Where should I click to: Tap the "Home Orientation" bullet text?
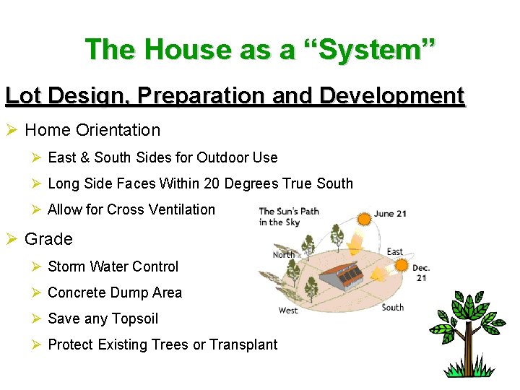(x=92, y=130)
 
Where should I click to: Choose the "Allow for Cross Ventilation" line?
(x=131, y=209)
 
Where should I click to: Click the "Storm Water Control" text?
(x=113, y=266)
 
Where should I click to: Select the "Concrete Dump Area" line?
(x=115, y=292)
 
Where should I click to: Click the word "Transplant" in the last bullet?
(x=243, y=344)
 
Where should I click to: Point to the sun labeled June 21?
(x=363, y=217)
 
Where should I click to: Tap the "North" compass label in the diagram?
(x=283, y=254)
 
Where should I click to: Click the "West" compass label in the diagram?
(x=288, y=311)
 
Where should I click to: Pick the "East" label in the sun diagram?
(x=394, y=252)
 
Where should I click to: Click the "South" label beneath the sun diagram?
(x=393, y=307)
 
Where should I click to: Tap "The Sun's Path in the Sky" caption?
(x=289, y=217)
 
